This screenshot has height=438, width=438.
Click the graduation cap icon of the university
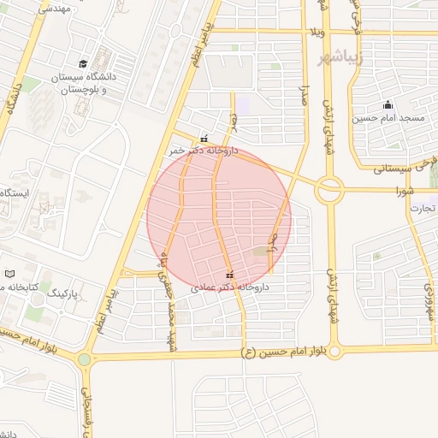(x=83, y=63)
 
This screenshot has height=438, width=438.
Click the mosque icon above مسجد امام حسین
(x=388, y=103)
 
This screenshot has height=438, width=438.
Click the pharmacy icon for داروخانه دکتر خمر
(x=204, y=139)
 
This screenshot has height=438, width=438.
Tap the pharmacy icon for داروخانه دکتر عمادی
(x=228, y=275)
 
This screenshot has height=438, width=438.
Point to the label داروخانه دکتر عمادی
(x=231, y=288)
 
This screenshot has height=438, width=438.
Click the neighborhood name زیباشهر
(x=340, y=59)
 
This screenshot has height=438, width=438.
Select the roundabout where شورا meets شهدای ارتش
(x=329, y=189)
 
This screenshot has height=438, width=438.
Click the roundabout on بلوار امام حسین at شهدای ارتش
(x=334, y=350)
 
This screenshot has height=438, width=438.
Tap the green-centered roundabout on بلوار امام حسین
(x=84, y=359)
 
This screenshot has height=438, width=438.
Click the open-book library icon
(x=10, y=274)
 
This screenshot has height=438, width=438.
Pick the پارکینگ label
(x=62, y=293)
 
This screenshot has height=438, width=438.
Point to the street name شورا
(x=389, y=190)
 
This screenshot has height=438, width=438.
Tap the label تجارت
(x=423, y=208)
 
